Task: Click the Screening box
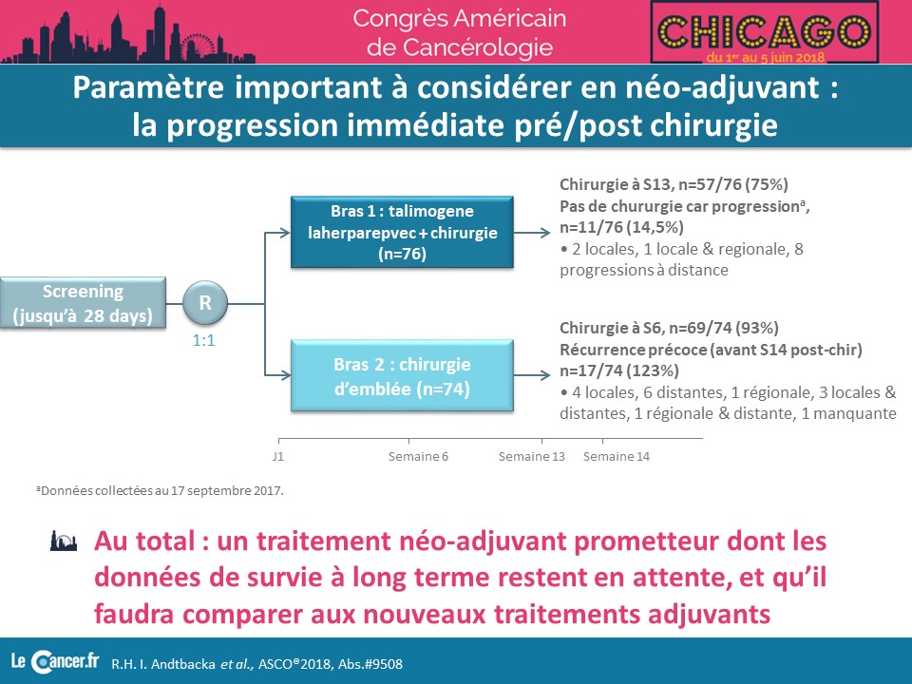coord(83,303)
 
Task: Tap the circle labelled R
coord(205,302)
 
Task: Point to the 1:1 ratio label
coord(203,341)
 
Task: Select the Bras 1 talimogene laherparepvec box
coord(402,232)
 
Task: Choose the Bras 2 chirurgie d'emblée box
coord(402,376)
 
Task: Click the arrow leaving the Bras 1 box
coord(532,233)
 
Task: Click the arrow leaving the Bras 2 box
coord(532,376)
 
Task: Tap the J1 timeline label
coord(278,457)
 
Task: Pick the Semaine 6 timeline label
coord(418,457)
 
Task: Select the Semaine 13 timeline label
coord(532,457)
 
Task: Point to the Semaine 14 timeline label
coord(617,457)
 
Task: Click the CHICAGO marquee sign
coord(764,32)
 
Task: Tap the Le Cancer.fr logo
coord(55,662)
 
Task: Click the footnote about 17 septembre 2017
coord(160,490)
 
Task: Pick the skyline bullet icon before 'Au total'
coord(64,541)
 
